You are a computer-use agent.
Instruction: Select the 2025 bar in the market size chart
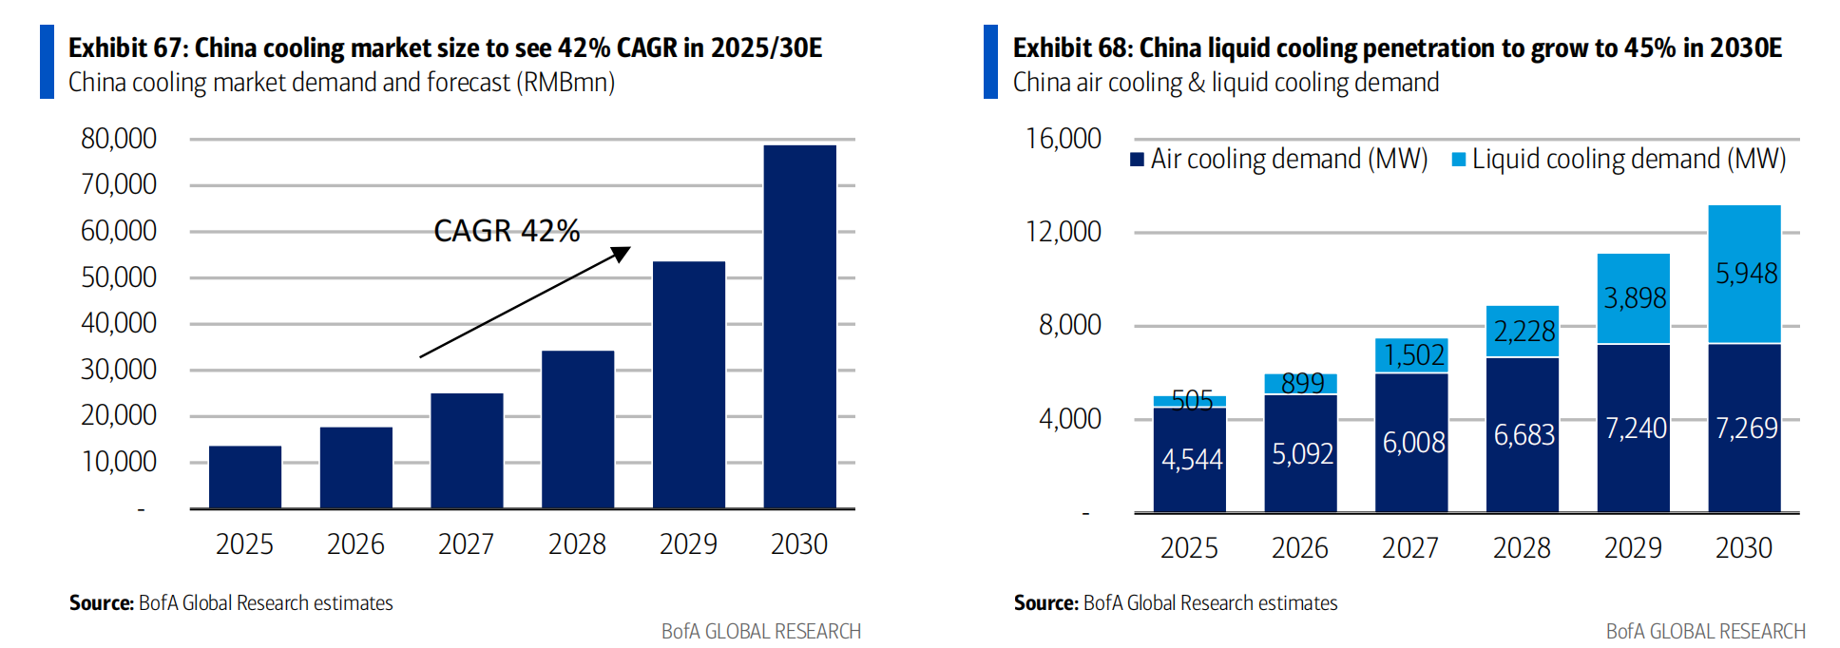(x=245, y=477)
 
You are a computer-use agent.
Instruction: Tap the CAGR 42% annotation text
(x=507, y=231)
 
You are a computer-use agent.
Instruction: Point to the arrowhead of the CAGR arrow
(x=622, y=253)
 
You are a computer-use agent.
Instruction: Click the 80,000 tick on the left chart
(x=119, y=139)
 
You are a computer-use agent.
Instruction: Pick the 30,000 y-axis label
(x=119, y=370)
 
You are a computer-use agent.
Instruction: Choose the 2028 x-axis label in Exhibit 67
(x=577, y=544)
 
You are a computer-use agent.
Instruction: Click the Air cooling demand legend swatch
(x=1137, y=160)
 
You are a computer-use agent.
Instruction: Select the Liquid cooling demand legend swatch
(x=1458, y=160)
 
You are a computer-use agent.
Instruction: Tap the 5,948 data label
(x=1746, y=274)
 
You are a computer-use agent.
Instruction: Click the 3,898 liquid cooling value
(x=1635, y=298)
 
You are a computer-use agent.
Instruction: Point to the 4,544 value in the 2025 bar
(x=1192, y=460)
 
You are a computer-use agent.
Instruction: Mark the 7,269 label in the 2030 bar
(x=1746, y=429)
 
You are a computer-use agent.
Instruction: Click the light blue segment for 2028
(x=1523, y=332)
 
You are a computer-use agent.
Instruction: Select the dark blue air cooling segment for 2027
(x=1411, y=443)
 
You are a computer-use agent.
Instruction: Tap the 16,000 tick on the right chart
(x=1063, y=139)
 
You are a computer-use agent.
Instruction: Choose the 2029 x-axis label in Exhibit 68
(x=1633, y=548)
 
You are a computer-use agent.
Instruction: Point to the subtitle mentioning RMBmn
(x=341, y=83)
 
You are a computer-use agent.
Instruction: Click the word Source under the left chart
(x=101, y=603)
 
